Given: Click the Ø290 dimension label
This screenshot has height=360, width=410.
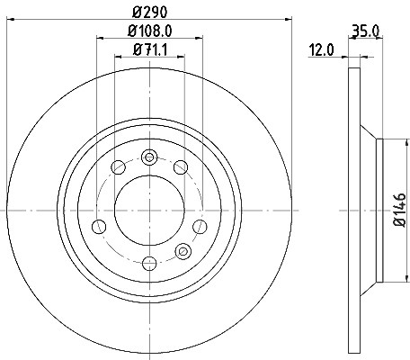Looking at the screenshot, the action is (149, 13).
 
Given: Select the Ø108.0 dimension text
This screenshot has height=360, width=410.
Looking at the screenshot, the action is (150, 31).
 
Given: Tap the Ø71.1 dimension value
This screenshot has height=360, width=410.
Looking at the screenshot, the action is (149, 49).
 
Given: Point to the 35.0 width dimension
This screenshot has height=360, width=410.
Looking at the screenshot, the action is (366, 31).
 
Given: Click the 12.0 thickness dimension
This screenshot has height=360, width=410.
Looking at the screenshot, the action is (321, 49).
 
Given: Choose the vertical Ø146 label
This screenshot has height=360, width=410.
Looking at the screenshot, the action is (400, 210).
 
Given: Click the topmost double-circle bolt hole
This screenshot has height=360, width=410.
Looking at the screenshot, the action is (149, 157).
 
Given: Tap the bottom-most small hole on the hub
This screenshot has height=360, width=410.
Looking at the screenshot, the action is (149, 264).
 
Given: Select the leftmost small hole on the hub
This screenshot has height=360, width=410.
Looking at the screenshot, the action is (99, 227).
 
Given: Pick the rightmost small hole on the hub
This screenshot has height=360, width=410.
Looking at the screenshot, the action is (200, 227).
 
